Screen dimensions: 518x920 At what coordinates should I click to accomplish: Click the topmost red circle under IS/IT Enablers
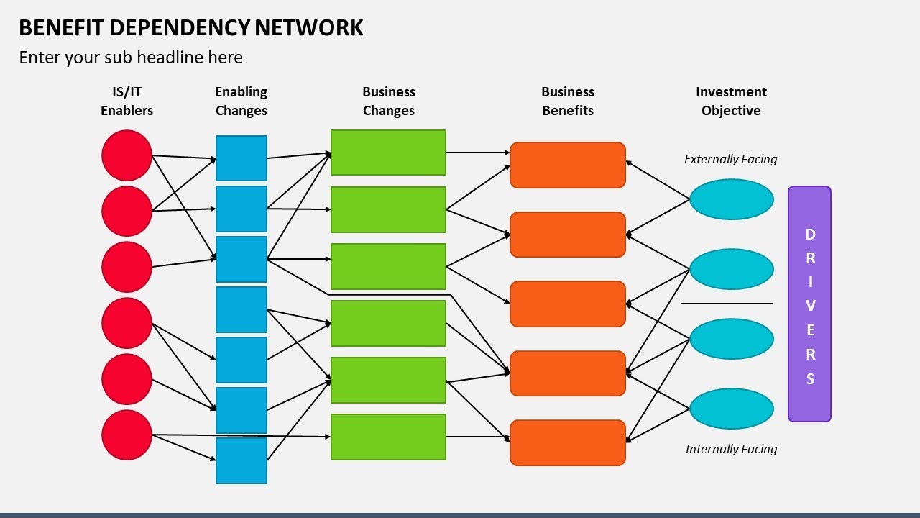point(126,155)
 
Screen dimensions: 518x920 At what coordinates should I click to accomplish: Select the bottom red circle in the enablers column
point(126,435)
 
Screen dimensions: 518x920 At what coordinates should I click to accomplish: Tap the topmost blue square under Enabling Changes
point(241,158)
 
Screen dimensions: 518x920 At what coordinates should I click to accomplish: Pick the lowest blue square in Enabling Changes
point(241,460)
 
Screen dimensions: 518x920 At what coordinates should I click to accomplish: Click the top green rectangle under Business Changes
point(388,153)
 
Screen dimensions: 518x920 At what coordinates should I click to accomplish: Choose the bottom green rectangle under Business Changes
point(388,437)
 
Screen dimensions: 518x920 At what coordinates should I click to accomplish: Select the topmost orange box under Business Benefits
point(567,165)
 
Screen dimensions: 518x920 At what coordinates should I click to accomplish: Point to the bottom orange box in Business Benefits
point(567,442)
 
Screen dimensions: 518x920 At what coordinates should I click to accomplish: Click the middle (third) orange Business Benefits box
point(567,304)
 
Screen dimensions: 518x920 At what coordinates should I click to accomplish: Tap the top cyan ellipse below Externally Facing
point(731,199)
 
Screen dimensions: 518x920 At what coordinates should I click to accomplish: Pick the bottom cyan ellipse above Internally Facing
point(731,409)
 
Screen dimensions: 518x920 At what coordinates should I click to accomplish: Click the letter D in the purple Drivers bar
point(810,235)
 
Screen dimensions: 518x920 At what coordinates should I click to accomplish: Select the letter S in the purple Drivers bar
point(810,379)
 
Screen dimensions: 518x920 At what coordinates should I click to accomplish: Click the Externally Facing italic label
point(730,159)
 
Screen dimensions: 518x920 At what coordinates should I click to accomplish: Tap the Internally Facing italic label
point(731,449)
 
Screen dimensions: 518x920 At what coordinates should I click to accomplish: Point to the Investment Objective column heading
point(731,101)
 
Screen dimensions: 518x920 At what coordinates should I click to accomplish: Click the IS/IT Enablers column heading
point(126,101)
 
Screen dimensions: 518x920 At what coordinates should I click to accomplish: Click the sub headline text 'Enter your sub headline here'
point(131,58)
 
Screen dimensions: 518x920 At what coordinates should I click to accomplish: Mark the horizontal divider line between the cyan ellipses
point(726,304)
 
